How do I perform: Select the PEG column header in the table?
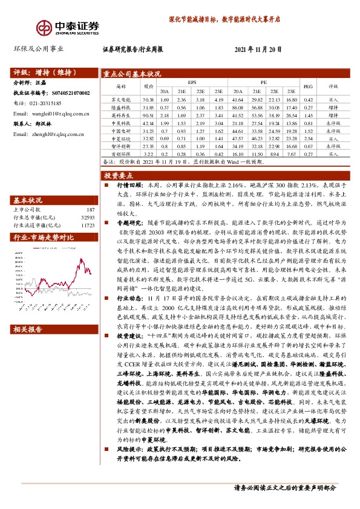point(308,86)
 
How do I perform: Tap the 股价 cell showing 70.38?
point(148,99)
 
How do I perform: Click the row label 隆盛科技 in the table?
point(121,107)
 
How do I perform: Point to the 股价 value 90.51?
point(148,115)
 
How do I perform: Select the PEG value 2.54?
point(308,138)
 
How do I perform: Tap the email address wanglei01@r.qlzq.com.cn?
point(51,113)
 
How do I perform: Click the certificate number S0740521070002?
point(68,94)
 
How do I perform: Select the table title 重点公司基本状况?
point(131,74)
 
